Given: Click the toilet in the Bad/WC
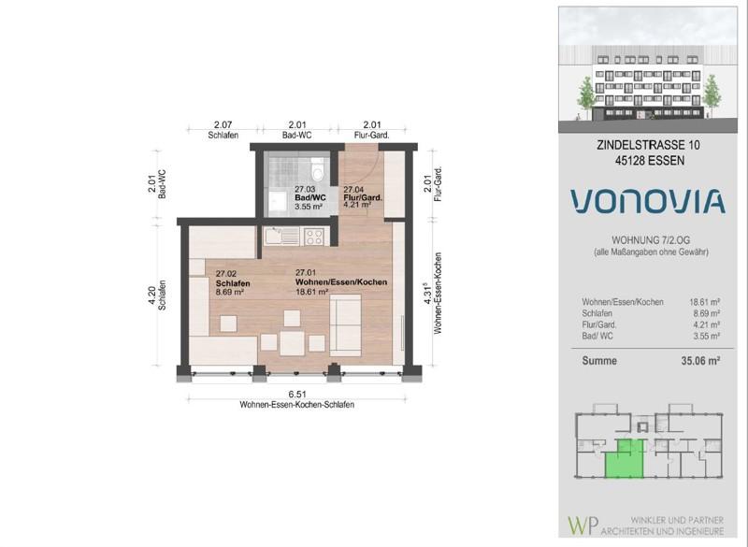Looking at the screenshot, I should point(318,172).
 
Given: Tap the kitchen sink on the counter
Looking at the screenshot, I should point(275,235).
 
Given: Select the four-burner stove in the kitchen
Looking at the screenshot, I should point(313,235).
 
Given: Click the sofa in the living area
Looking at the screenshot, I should point(345,323).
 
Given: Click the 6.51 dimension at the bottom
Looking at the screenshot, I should point(296,395).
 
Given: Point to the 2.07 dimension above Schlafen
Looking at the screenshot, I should point(223,125).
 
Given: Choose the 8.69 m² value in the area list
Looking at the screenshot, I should point(705,314).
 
